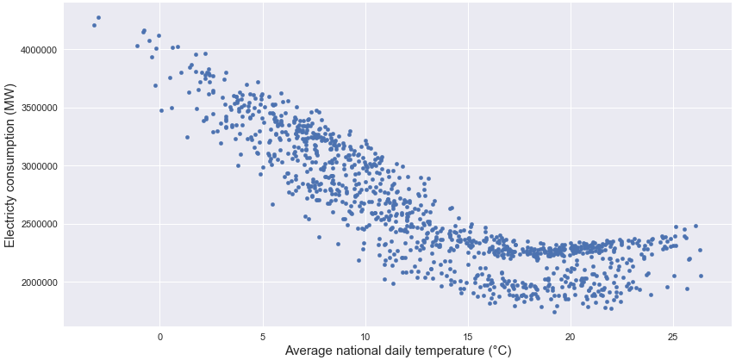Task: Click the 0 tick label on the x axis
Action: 160,335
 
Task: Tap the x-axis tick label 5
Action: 263,335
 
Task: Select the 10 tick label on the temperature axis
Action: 365,335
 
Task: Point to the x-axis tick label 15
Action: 468,335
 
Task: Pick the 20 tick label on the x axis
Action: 571,335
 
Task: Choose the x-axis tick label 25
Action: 673,335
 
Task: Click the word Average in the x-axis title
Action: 311,351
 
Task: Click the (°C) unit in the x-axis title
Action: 498,351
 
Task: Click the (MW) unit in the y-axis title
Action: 11,85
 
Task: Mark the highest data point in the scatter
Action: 98,17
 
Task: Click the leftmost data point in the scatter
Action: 94,25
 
